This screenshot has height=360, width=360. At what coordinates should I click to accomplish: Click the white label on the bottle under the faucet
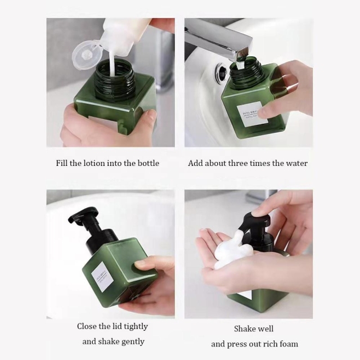tap(251, 114)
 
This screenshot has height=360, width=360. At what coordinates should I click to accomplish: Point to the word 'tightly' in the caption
tap(135, 326)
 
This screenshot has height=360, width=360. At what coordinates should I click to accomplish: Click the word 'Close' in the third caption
tap(88, 326)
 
